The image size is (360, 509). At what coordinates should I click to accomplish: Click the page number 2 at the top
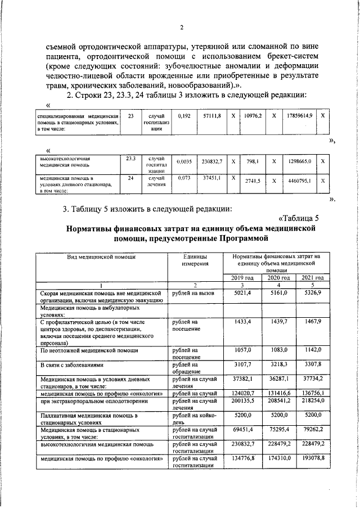[x=182, y=28]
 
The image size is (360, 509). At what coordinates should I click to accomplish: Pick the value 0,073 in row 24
[x=184, y=178]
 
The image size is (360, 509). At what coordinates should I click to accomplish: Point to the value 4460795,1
[x=299, y=181]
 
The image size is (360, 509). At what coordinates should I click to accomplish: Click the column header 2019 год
[x=242, y=277]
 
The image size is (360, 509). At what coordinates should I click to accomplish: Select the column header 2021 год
[x=313, y=277]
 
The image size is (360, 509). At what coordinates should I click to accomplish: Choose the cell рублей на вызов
[x=191, y=293]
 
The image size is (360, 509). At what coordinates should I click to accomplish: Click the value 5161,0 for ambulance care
[x=278, y=293]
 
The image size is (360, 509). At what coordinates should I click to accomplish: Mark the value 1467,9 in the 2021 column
[x=313, y=321]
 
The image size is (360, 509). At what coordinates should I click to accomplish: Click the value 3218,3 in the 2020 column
[x=278, y=364]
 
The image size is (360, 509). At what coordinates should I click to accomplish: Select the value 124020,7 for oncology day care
[x=242, y=393]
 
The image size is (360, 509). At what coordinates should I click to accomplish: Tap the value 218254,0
[x=313, y=402]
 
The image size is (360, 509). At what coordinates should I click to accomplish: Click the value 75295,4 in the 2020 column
[x=278, y=430]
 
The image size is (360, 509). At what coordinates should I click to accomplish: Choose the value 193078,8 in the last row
[x=313, y=458]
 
